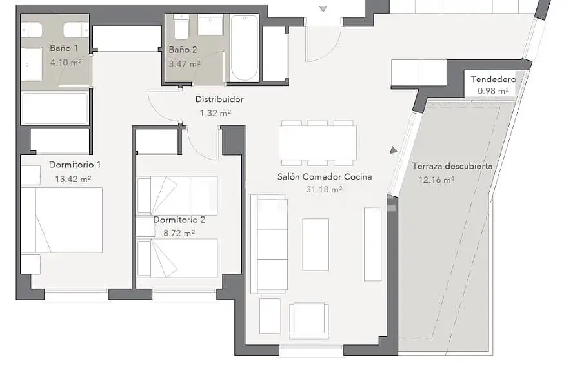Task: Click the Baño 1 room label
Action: [x=64, y=48]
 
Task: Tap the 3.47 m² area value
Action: [x=185, y=64]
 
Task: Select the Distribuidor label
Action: [x=219, y=99]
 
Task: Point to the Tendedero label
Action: [x=493, y=79]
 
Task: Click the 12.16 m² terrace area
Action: [x=436, y=180]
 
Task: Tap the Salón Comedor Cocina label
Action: [x=325, y=176]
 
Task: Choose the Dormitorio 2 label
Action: [x=179, y=220]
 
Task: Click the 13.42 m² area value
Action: [x=73, y=179]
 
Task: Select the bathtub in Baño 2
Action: [x=245, y=48]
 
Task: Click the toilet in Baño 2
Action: [x=181, y=26]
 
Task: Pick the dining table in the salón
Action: [x=317, y=143]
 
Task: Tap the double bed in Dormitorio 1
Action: [x=61, y=220]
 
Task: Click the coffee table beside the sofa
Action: [x=316, y=245]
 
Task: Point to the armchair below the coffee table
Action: [x=308, y=320]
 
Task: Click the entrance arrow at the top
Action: [x=323, y=9]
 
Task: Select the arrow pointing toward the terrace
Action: [x=393, y=150]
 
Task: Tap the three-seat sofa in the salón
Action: [x=269, y=244]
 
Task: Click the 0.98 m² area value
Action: [x=493, y=91]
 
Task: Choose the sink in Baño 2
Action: [x=210, y=25]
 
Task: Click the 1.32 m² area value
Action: [x=216, y=113]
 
